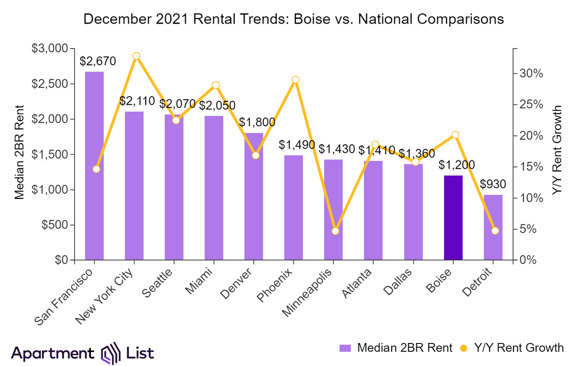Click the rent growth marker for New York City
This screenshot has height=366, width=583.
pyautogui.click(x=136, y=56)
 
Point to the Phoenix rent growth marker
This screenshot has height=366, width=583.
pyautogui.click(x=296, y=80)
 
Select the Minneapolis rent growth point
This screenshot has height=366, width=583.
pyautogui.click(x=335, y=231)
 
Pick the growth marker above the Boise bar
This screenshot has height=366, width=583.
pyautogui.click(x=455, y=135)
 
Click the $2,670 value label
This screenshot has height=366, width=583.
pyautogui.click(x=98, y=61)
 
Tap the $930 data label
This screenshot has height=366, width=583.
pyautogui.click(x=493, y=185)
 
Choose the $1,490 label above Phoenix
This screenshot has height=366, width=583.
pyautogui.click(x=297, y=145)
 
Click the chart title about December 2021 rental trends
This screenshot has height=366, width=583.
pyautogui.click(x=294, y=19)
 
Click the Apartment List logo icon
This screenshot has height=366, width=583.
pyautogui.click(x=110, y=353)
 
